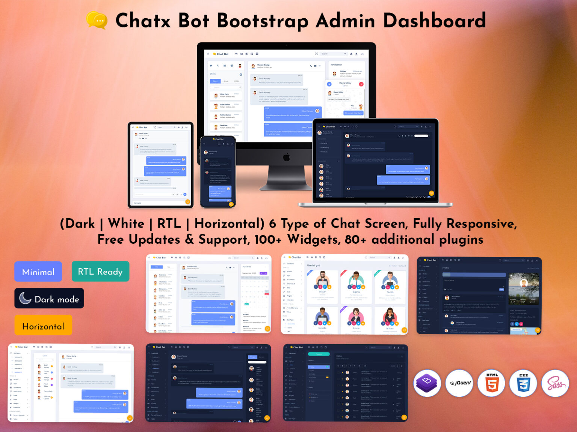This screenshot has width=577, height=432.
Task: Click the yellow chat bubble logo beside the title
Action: coord(97,20)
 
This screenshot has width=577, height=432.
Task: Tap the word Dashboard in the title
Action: coord(434,21)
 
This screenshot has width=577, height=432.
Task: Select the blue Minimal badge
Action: coord(38,272)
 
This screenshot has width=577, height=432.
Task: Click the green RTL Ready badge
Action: coord(100,271)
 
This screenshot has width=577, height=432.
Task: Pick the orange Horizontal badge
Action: coord(43,326)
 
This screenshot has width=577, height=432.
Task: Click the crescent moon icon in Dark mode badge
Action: coord(25,298)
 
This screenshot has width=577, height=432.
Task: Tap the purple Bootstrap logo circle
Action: coord(427,383)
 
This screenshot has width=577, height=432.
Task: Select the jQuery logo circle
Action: coord(459,383)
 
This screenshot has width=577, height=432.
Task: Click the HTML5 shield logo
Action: coord(492,383)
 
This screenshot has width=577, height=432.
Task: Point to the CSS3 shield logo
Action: coord(523,383)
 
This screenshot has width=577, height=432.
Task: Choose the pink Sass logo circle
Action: coord(555,383)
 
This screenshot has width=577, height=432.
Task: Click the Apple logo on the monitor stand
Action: coord(286,157)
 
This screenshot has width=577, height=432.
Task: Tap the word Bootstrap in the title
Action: coord(263,21)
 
